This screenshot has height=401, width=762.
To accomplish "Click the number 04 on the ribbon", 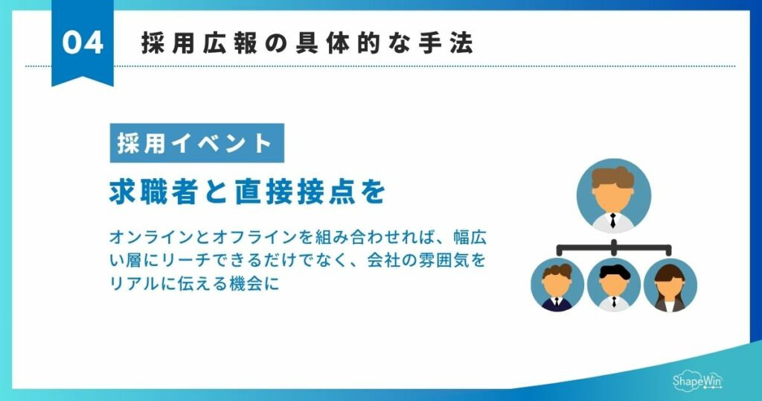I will [x=82, y=42].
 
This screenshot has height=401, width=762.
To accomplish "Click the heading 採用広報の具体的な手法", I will [x=307, y=43].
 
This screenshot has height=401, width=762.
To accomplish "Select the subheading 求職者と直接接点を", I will [x=247, y=192].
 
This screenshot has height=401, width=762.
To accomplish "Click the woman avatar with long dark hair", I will [x=669, y=285].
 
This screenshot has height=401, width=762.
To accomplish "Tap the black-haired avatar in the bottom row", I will [x=613, y=285].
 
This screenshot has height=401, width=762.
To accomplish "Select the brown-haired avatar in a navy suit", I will [x=557, y=285].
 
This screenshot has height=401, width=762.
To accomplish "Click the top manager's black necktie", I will [x=612, y=220].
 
